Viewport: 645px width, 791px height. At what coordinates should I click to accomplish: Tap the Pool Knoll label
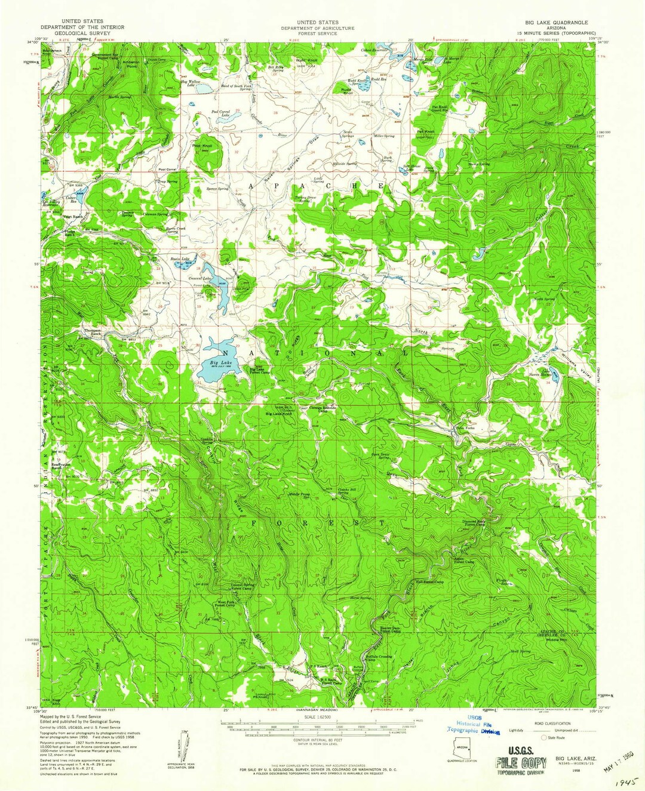pos(202,146)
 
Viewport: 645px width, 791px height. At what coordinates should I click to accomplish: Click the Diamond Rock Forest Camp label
pos(478,523)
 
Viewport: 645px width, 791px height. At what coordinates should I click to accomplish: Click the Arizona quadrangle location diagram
pos(462,747)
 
